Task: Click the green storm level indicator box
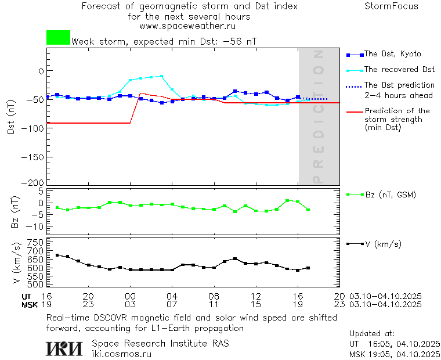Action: (58, 38)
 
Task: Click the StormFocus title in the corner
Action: (391, 6)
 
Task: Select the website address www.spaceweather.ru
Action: (187, 26)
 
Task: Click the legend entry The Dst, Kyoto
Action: (392, 54)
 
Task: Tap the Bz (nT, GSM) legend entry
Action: (391, 195)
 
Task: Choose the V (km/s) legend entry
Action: (383, 244)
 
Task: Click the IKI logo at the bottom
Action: (64, 348)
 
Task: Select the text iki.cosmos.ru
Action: (121, 353)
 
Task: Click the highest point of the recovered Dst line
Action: (161, 75)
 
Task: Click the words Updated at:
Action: (371, 333)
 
